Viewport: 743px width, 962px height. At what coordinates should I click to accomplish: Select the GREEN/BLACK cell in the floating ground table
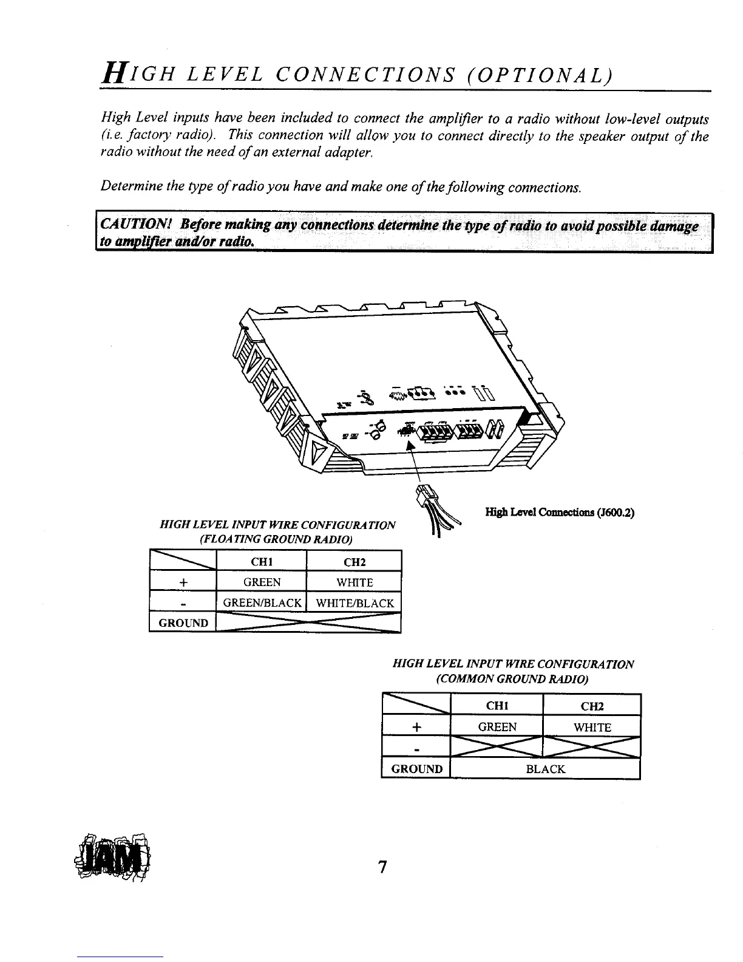pos(262,603)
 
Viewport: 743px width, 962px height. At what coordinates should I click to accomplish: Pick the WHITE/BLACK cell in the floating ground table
pos(355,603)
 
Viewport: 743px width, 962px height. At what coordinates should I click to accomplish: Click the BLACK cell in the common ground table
pos(545,769)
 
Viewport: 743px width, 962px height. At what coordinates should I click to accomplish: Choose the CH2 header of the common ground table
pos(592,706)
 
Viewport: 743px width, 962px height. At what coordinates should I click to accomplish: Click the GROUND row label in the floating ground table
pos(183,623)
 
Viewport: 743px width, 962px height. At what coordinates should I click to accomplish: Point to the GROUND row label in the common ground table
pos(416,769)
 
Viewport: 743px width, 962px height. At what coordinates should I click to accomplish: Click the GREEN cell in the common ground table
pos(497,727)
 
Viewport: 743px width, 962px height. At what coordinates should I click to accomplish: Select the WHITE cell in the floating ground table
pos(355,582)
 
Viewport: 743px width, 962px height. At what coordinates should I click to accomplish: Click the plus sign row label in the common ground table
pos(417,728)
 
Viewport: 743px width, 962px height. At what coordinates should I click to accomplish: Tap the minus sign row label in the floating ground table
pos(183,604)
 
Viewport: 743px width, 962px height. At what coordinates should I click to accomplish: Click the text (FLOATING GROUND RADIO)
pos(272,539)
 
